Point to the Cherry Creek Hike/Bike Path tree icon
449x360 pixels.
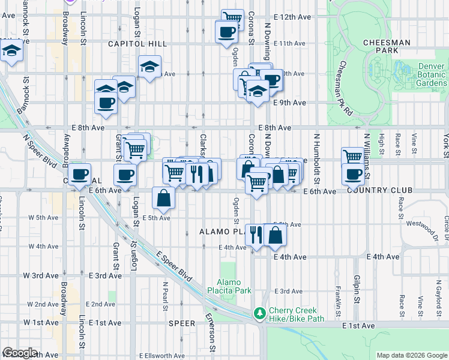click(x=259, y=313)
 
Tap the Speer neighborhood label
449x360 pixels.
click(x=181, y=323)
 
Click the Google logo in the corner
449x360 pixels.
click(x=20, y=353)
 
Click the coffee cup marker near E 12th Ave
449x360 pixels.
click(x=226, y=31)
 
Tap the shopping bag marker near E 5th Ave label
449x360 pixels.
click(x=164, y=197)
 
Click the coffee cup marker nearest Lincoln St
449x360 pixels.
click(x=79, y=175)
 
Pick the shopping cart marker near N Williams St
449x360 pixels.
click(x=352, y=157)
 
